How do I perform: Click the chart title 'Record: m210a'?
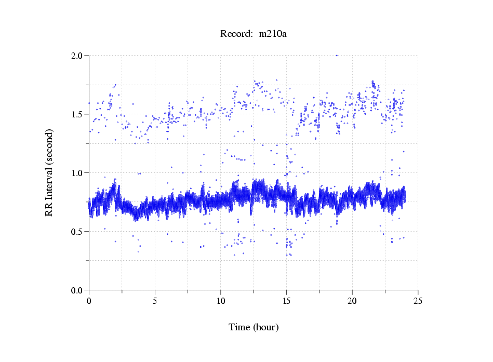pos(254,34)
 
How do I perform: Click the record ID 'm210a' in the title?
pos(273,34)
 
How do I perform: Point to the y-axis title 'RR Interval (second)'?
pos(49,172)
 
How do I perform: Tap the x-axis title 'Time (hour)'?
pos(254,327)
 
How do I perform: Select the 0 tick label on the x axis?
pos(89,301)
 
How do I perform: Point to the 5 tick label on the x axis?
pos(155,301)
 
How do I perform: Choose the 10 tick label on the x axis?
pos(220,301)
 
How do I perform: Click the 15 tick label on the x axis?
pos(286,301)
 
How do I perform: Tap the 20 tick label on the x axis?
pos(352,301)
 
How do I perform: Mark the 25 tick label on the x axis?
pos(418,301)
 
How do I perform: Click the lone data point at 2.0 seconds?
pos(337,55)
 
